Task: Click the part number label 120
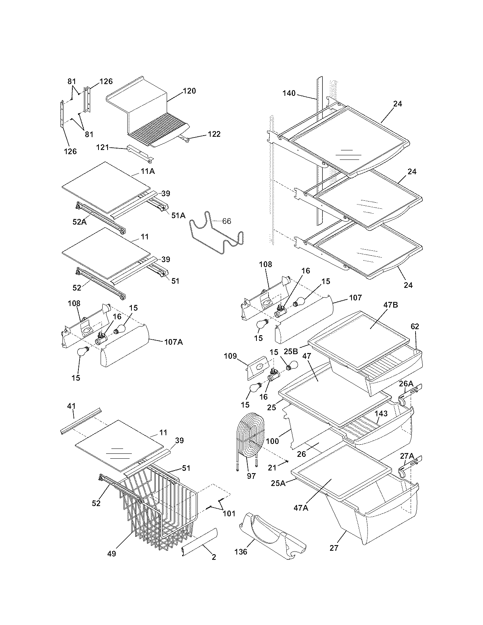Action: pyautogui.click(x=189, y=91)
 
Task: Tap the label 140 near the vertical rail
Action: pyautogui.click(x=289, y=93)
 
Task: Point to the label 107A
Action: pyautogui.click(x=174, y=342)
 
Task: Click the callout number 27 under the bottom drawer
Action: pyautogui.click(x=334, y=548)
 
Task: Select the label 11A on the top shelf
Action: pyautogui.click(x=147, y=171)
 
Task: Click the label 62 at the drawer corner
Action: pyautogui.click(x=415, y=327)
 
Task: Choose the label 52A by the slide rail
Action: pyautogui.click(x=80, y=222)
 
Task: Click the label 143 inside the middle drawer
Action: pyautogui.click(x=381, y=414)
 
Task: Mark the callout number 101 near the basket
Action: pyautogui.click(x=229, y=514)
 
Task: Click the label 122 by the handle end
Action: pyautogui.click(x=214, y=134)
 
